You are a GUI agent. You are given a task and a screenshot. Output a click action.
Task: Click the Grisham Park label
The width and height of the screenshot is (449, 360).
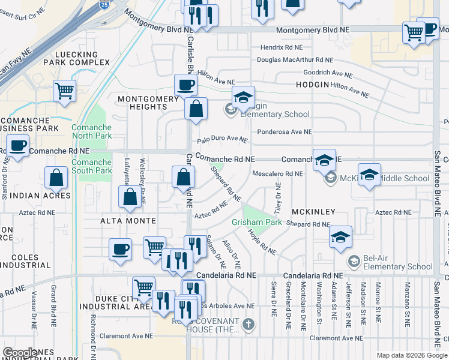[x=257, y=222]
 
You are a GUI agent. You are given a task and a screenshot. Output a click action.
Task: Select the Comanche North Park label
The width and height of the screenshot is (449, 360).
[x=91, y=131]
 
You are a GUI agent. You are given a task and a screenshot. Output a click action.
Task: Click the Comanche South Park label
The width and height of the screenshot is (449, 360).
[x=91, y=166]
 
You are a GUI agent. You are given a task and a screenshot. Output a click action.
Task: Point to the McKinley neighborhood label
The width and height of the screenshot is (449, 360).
[x=313, y=212]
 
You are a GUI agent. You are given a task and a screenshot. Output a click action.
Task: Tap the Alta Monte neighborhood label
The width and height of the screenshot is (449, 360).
[x=128, y=221]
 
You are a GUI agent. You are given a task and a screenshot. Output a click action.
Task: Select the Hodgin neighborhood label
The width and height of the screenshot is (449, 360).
[x=312, y=85]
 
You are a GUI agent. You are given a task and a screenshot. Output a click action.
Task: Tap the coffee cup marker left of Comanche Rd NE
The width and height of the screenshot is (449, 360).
[x=19, y=145]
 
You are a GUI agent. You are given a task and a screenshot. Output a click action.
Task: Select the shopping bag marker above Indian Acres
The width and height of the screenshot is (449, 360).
[x=56, y=178]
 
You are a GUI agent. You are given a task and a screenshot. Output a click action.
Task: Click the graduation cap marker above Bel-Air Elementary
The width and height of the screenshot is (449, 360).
[x=340, y=236]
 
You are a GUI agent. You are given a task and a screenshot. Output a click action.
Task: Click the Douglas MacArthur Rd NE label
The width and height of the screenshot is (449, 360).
[x=294, y=60]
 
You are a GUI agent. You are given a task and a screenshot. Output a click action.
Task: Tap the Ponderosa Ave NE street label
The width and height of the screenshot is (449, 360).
[x=283, y=132]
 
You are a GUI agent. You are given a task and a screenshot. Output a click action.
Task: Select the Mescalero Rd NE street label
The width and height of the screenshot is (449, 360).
[x=277, y=174]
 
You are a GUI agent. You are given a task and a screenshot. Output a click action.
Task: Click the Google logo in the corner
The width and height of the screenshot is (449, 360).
[x=20, y=353]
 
